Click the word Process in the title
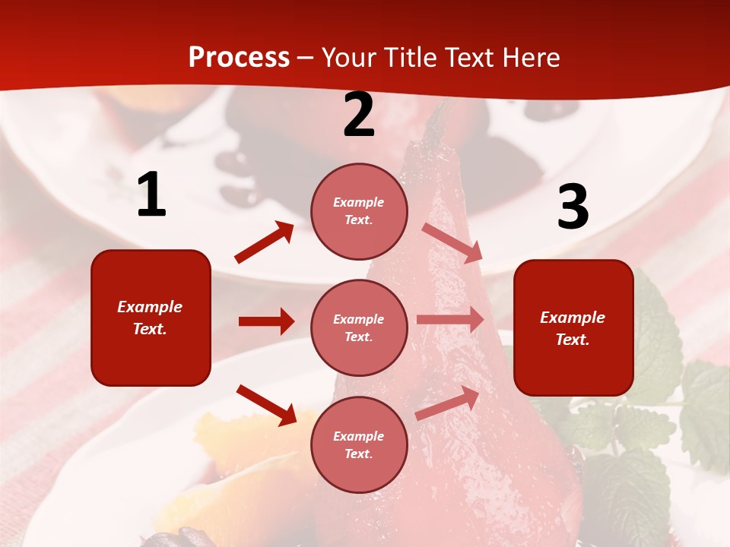coord(239,57)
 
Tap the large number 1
coord(151,195)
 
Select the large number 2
coord(359,115)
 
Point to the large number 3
coord(573,207)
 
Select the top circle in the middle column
coord(359,211)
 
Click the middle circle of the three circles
coord(359,328)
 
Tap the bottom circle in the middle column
coord(359,445)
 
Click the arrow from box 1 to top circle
coord(265,242)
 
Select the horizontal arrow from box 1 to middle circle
coord(266,321)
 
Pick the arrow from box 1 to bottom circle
coord(266,405)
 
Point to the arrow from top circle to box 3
coord(452,243)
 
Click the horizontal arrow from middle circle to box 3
coord(450,319)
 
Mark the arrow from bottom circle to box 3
coord(447,403)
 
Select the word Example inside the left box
coord(150,307)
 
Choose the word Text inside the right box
coord(573,340)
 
